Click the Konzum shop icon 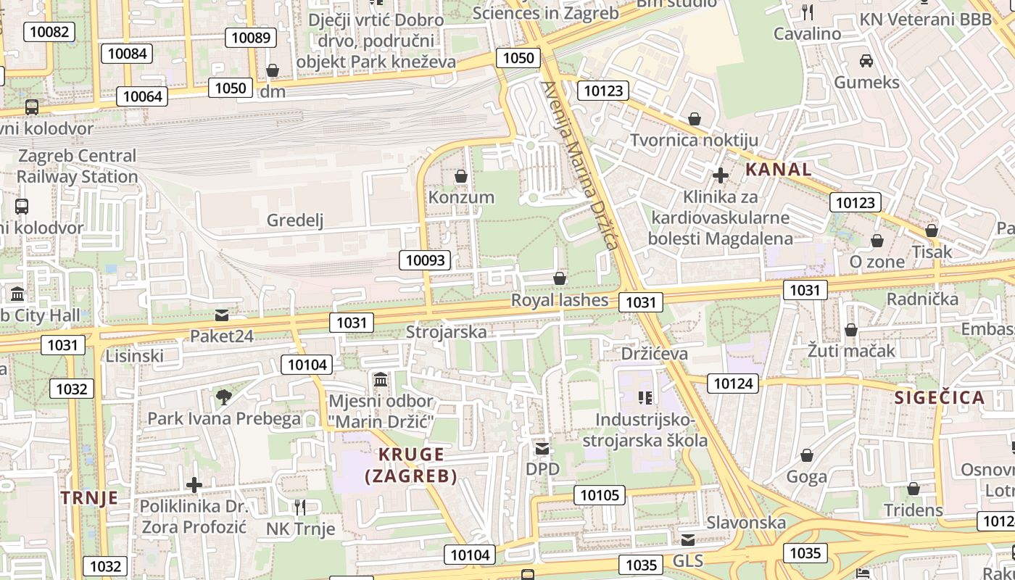[460, 176]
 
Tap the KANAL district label [779, 170]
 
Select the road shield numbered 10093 [425, 260]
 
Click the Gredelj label [295, 220]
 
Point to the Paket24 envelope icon [222, 315]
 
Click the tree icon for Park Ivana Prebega [223, 397]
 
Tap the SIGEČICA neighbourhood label [939, 397]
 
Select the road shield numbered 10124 [734, 383]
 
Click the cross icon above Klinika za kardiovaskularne [720, 175]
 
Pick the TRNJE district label [89, 498]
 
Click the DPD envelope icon [542, 449]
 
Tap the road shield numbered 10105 [600, 495]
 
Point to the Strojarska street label [446, 332]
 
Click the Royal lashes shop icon [560, 278]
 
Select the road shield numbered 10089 [252, 37]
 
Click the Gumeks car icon [866, 60]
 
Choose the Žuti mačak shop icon [851, 331]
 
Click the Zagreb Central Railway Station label [77, 166]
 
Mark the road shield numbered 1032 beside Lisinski [72, 389]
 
